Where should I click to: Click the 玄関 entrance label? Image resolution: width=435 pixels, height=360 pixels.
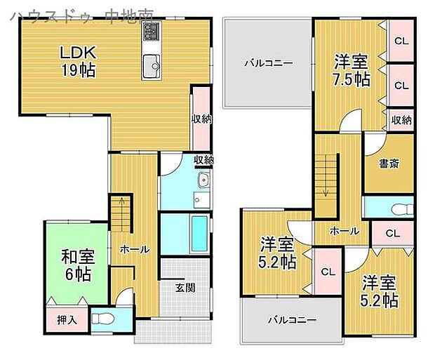tap(185, 287)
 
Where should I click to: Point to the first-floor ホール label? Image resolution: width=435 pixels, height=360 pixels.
tap(133, 248)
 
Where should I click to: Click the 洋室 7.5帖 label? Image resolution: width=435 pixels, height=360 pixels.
tap(351, 70)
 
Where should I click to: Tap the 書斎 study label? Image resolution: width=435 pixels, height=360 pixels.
tap(389, 164)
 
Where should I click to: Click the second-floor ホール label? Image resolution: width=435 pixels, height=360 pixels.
tap(344, 230)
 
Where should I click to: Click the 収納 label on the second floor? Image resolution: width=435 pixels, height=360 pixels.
tap(401, 119)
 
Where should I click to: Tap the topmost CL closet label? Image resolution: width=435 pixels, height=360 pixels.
tap(401, 41)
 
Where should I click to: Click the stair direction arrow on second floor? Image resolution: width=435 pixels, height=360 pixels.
tap(326, 188)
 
